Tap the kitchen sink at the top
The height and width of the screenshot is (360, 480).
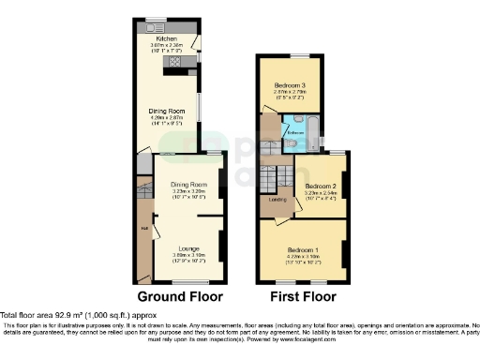tap(149, 27)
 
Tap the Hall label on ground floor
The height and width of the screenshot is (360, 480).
tap(143, 228)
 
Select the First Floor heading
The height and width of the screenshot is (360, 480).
tap(303, 296)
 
